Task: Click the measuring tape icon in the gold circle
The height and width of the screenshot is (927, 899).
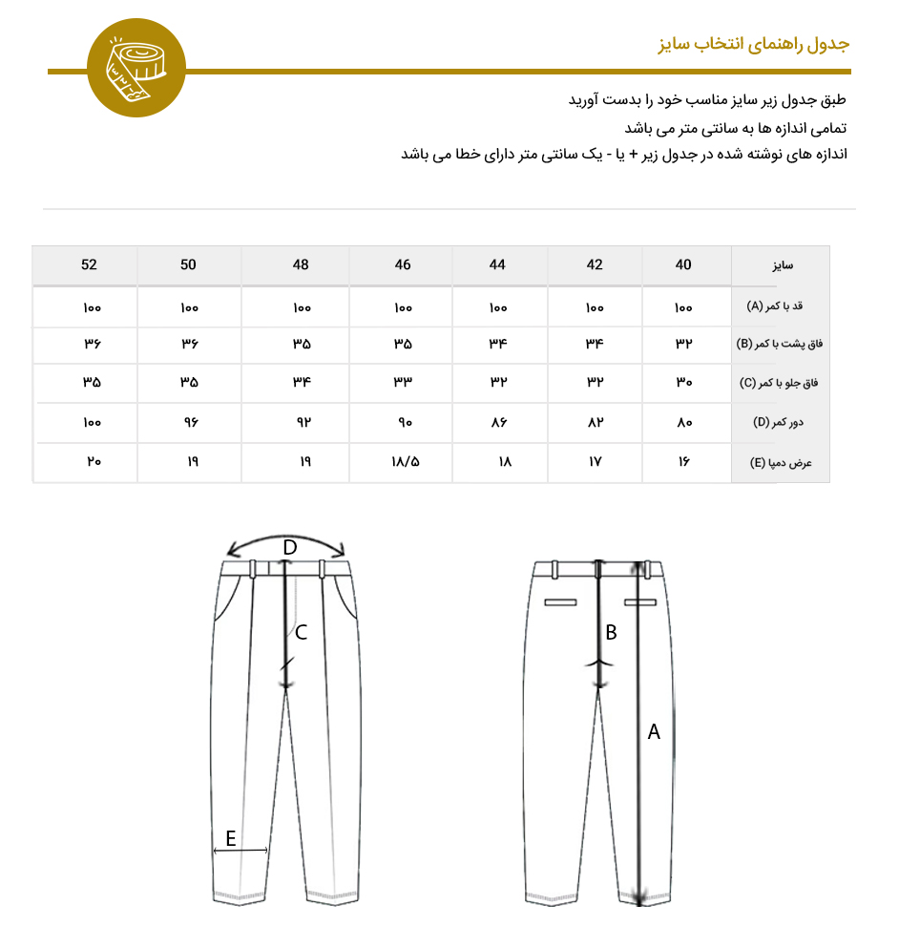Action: (136, 68)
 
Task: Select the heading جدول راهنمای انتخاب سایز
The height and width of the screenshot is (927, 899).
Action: (754, 45)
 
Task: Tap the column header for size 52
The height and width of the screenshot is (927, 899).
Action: (89, 264)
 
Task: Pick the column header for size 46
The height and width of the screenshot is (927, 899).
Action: (403, 264)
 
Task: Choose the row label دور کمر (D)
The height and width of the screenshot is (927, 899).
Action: (781, 422)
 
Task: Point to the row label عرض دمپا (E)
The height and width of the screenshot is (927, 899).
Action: (779, 462)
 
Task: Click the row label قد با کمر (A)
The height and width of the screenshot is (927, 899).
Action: (779, 306)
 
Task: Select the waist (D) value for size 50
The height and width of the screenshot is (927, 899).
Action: (188, 422)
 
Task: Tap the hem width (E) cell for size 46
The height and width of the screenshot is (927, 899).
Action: (403, 462)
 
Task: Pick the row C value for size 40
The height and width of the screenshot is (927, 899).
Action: (683, 383)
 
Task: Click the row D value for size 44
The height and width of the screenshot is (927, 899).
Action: (497, 422)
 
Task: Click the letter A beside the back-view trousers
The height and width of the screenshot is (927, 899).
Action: (654, 732)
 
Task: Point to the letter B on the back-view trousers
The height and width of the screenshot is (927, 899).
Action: (612, 632)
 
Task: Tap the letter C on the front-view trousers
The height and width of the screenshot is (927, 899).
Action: (301, 632)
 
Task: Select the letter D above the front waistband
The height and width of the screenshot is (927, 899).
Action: (290, 547)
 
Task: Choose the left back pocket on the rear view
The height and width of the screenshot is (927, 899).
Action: (561, 602)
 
